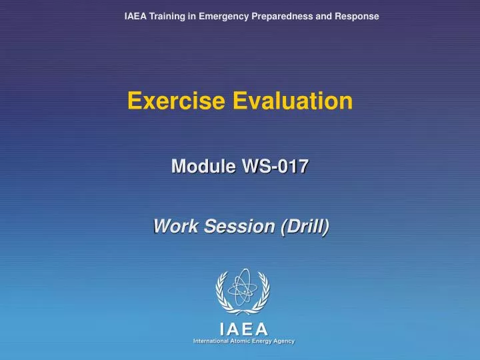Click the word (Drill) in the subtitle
coord(305,227)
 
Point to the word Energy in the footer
coord(267,341)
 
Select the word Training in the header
coord(167,16)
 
